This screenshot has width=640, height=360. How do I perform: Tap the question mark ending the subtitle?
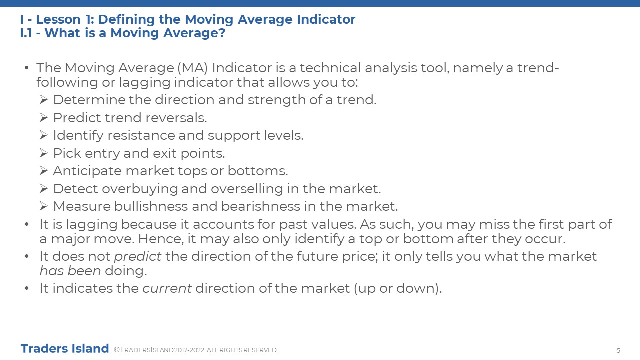pos(222,33)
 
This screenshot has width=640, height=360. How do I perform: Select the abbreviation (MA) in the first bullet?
pos(193,68)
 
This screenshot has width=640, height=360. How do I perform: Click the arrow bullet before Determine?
pos(44,100)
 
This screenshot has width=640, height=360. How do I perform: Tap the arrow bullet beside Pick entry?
pos(44,153)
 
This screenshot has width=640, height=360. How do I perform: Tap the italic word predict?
pos(138,257)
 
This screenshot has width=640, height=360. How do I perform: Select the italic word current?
pos(167,288)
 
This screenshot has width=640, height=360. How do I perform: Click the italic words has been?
pos(70,271)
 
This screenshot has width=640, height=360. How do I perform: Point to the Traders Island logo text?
pos(65,349)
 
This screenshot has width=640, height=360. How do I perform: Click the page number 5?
pos(618,350)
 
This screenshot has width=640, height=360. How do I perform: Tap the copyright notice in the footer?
pos(196,350)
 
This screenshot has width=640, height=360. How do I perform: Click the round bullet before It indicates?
pos(27,288)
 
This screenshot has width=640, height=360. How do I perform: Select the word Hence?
pos(161,239)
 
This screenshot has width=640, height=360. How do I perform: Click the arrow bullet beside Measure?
pos(44,206)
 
